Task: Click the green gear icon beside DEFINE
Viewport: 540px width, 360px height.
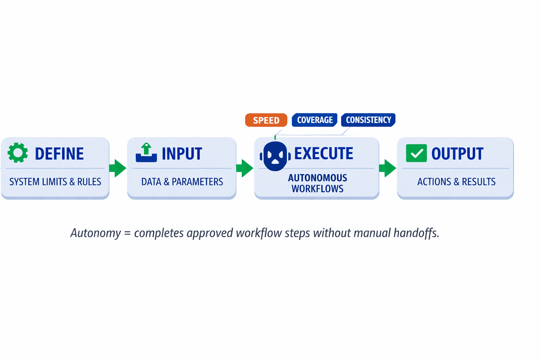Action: click(x=18, y=153)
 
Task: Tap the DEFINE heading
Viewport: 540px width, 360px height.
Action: click(x=59, y=154)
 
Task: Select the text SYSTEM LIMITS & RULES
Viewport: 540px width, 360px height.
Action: click(x=55, y=182)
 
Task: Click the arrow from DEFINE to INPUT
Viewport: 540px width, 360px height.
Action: click(x=118, y=168)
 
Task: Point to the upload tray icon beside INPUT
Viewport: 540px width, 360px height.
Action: click(x=146, y=153)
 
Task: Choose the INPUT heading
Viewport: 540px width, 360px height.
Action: click(x=182, y=154)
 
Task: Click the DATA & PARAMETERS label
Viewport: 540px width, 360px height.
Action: click(x=182, y=182)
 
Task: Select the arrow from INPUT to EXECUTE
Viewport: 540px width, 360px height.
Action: click(x=245, y=168)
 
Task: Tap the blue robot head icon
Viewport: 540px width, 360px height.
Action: click(x=275, y=156)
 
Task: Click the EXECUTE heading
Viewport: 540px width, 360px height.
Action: click(x=323, y=154)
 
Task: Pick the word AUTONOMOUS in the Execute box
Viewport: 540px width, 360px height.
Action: click(x=317, y=178)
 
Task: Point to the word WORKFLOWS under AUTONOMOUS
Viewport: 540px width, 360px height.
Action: click(x=317, y=189)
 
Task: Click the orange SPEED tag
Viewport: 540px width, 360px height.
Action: click(x=266, y=120)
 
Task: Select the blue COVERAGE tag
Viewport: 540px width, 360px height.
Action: click(x=315, y=120)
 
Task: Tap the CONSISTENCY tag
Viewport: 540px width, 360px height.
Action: click(x=368, y=120)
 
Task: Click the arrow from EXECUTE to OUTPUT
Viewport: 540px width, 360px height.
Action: click(x=388, y=168)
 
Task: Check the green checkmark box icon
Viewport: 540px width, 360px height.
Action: click(x=416, y=153)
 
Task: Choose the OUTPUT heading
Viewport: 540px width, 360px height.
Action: click(x=457, y=154)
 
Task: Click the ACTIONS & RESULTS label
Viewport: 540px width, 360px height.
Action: click(x=456, y=182)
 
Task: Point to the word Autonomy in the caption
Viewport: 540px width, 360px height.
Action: click(x=95, y=233)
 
